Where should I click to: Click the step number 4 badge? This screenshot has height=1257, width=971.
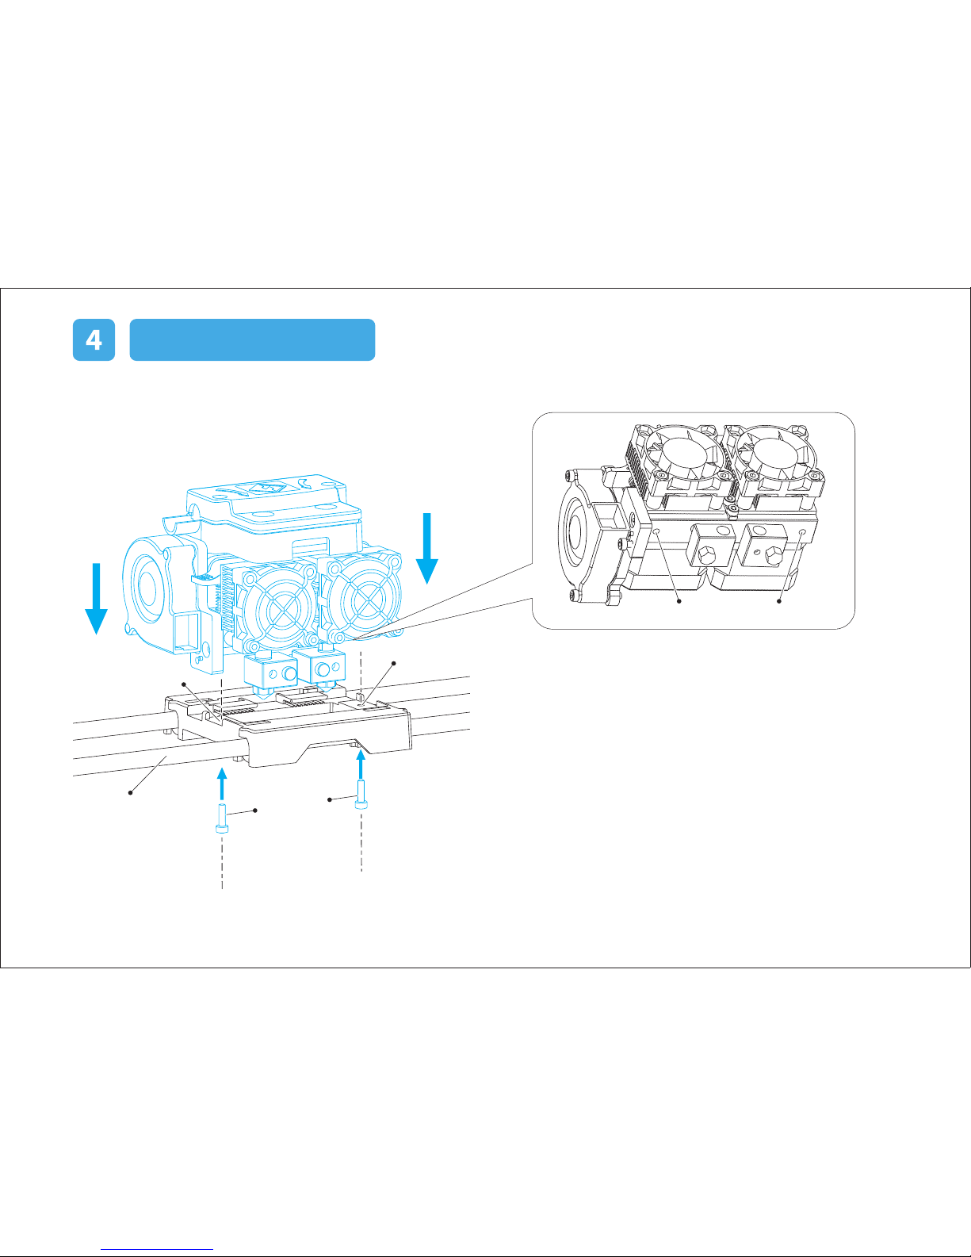[x=94, y=339]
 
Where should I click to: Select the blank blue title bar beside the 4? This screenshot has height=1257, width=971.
[x=252, y=339]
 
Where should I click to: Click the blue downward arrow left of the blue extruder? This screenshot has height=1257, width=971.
[x=97, y=599]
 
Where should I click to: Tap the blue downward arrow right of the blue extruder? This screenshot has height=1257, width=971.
[x=427, y=548]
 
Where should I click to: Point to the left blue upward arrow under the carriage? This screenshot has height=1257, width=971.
[x=222, y=784]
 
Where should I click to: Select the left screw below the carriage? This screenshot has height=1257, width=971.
[x=222, y=818]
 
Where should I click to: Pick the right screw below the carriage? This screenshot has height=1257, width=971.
[x=361, y=794]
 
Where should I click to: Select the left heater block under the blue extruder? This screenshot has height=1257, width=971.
[x=270, y=673]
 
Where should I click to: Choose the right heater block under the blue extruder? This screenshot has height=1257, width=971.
[x=320, y=667]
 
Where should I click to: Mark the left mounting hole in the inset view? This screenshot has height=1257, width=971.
[x=657, y=531]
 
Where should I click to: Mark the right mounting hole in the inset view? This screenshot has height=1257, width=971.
[x=803, y=531]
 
